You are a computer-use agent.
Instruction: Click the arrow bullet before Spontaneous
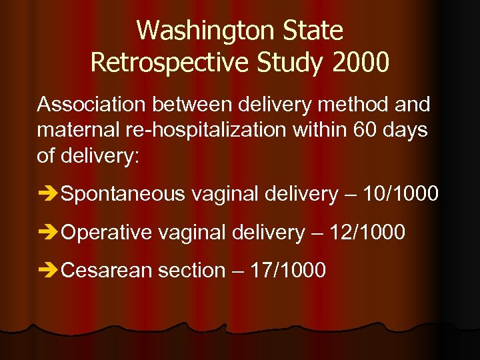click(x=48, y=195)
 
